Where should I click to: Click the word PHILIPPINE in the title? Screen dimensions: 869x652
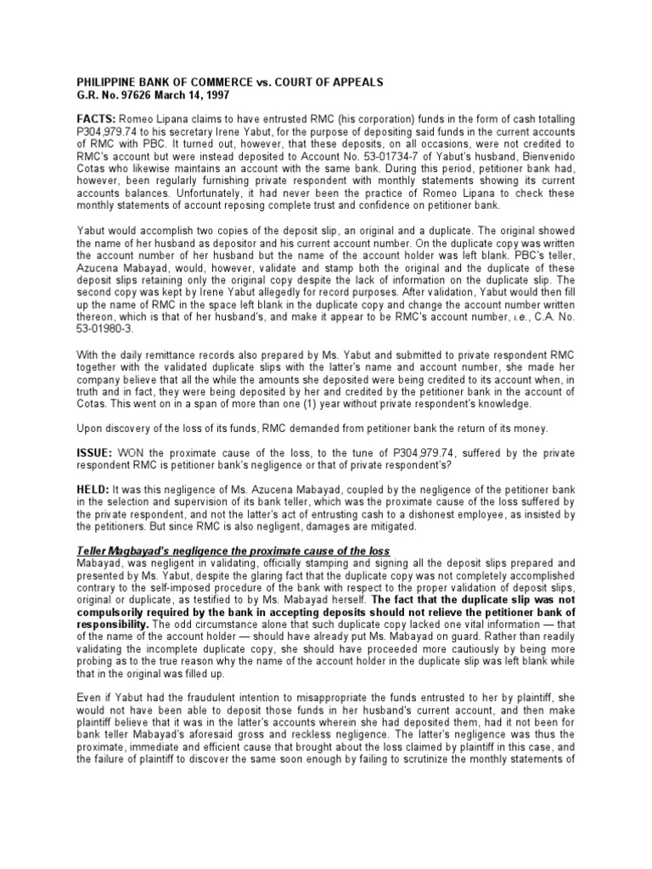103,81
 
